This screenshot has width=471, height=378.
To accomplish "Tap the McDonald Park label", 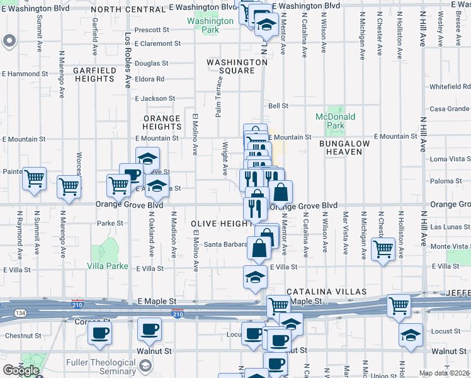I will click(336, 121).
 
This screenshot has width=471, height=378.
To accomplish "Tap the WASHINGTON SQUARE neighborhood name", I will click(237, 67).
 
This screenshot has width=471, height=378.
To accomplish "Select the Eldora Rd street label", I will click(149, 79).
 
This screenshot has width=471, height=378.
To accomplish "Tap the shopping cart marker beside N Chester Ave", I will click(383, 248).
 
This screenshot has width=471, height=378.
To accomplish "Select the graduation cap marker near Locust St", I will click(410, 335).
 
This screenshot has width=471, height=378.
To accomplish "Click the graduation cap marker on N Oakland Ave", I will click(147, 159).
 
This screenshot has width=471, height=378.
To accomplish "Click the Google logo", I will click(21, 370).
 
